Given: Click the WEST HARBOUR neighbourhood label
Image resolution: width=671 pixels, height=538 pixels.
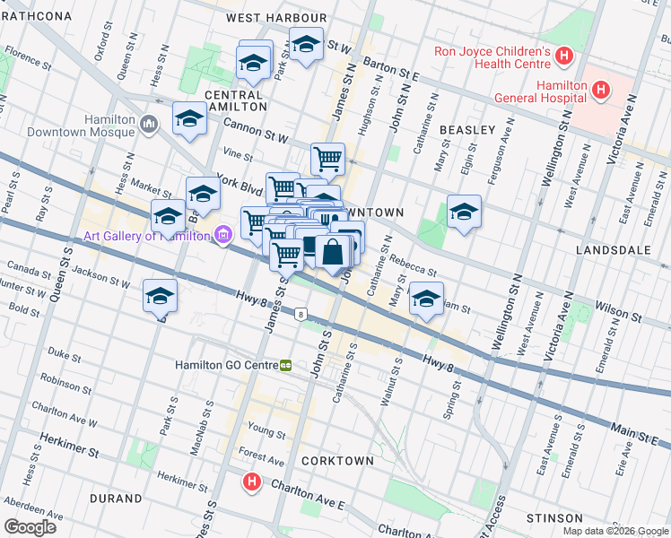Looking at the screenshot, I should coord(276,18).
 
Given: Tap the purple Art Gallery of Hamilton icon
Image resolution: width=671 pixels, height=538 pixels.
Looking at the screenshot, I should coord(223,236).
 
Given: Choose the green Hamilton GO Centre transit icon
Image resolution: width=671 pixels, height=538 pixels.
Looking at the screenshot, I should coord(286,365).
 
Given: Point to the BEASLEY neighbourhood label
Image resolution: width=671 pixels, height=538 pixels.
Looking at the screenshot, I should coord(467,130).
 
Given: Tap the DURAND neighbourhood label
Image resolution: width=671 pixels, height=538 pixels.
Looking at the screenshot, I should coord(116,498).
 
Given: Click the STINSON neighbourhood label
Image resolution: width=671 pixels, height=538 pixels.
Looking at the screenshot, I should coord(555,518).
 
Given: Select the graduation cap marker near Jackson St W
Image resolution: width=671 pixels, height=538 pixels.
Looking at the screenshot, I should coord(160,295).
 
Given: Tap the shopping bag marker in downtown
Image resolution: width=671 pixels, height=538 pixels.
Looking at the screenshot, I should coord(332,254).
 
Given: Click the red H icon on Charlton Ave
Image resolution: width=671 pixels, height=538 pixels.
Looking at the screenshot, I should coord(252,482).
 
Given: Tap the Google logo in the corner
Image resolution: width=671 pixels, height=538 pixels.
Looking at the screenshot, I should coord(30,527).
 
